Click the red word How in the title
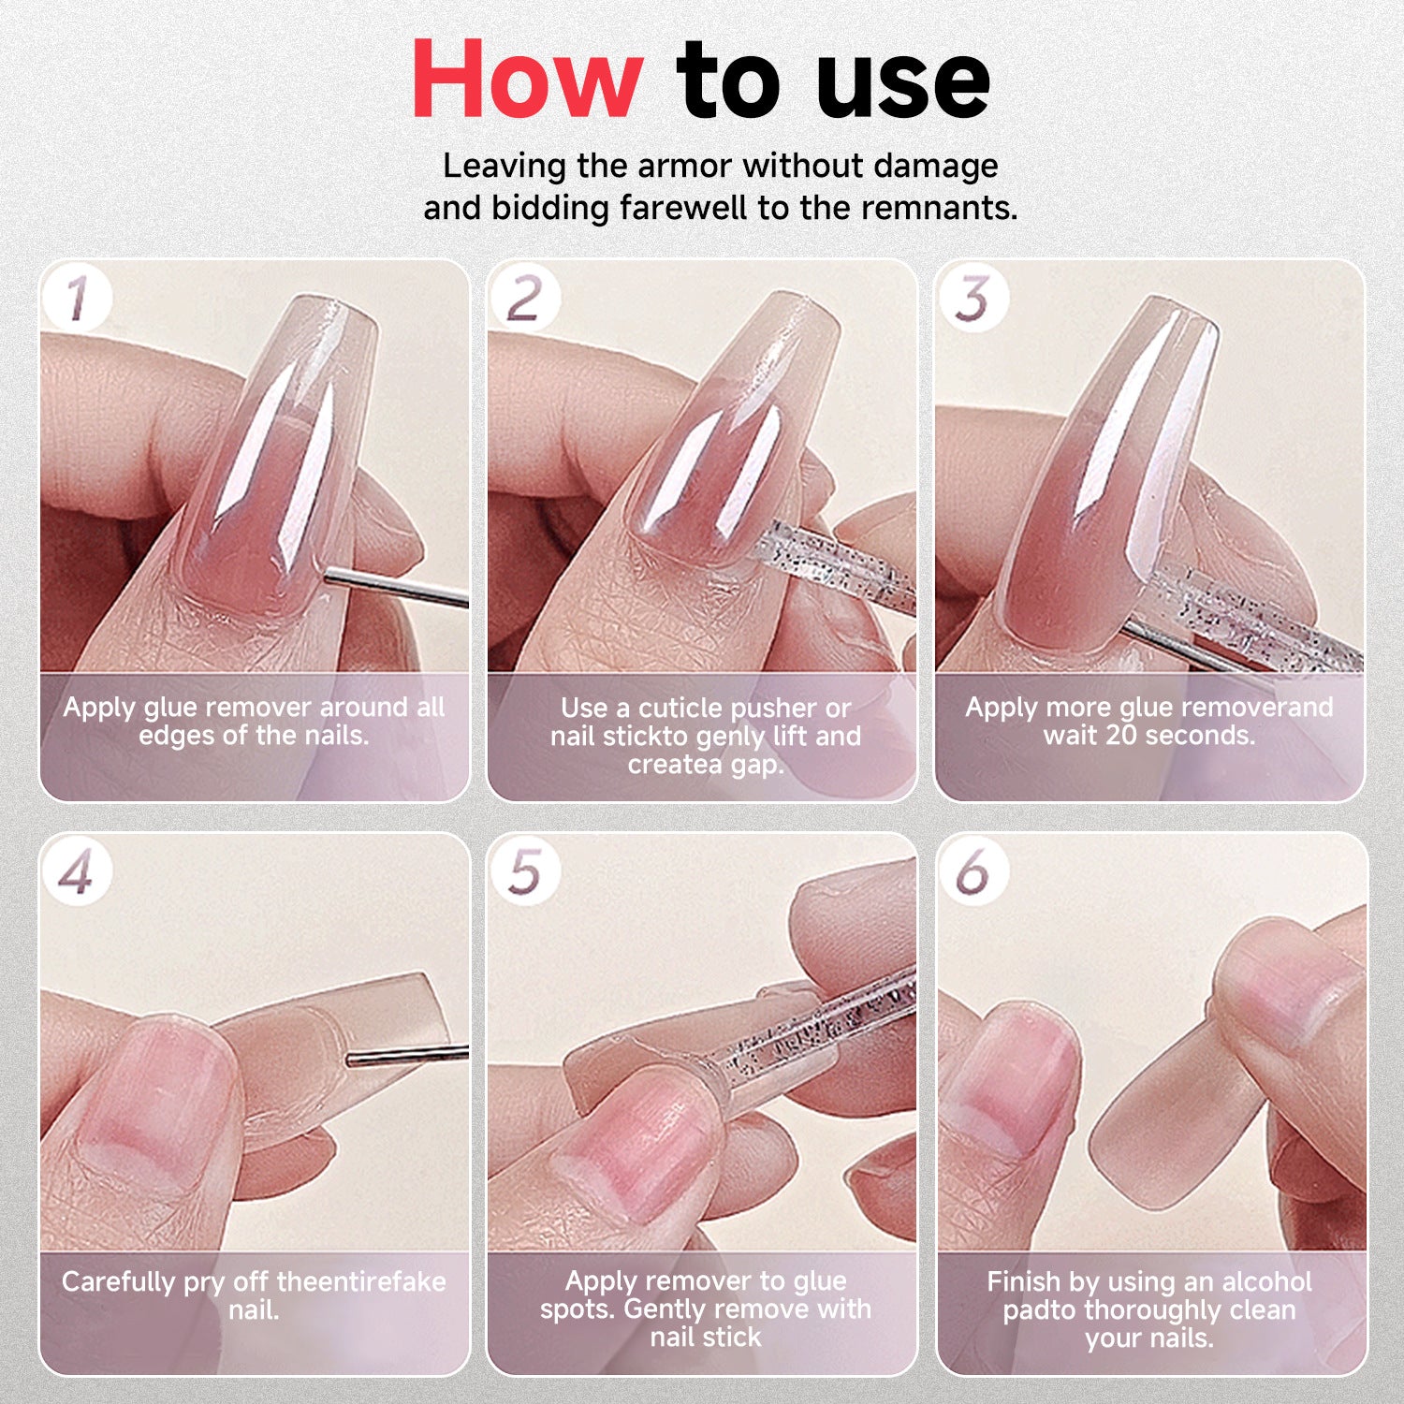tap(527, 80)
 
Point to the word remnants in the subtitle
tap(938, 208)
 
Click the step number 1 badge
tap(77, 299)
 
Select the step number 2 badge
tap(524, 299)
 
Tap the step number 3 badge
tap(973, 299)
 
